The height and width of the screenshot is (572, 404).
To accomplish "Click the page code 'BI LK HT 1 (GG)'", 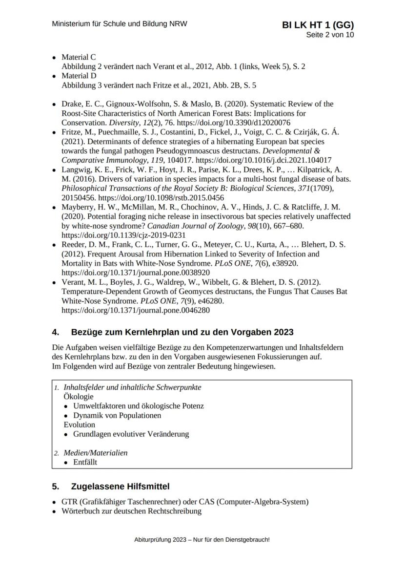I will point(318,25).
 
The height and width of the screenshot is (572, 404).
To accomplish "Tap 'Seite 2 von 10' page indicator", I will point(330,35).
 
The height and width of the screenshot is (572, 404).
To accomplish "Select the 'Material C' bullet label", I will point(79,58).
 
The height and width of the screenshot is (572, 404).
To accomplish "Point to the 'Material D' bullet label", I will point(79,76).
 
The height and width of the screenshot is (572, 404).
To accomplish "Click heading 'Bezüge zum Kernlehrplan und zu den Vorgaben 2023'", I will point(182,332).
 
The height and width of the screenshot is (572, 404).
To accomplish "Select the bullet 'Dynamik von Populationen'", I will point(117,415).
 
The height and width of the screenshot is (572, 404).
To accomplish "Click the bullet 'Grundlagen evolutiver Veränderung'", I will point(131,434).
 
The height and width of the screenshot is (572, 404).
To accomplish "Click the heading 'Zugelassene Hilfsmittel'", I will point(120,487).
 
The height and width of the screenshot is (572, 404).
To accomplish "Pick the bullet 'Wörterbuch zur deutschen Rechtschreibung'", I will point(131,511).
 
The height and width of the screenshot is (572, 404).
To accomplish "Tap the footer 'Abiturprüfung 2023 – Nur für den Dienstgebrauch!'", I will point(202,540).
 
